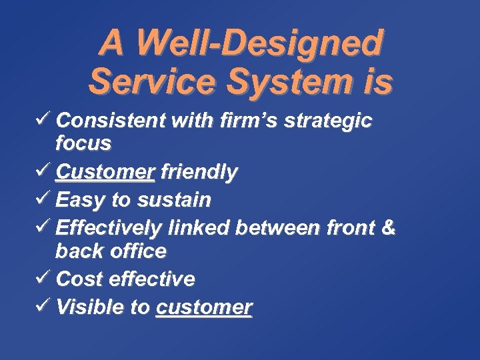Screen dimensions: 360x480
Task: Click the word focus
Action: [83, 143]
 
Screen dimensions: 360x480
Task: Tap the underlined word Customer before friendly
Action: [105, 173]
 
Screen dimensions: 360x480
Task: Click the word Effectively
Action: [108, 228]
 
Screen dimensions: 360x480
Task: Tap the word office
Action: [137, 251]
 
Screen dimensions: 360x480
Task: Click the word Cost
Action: [79, 279]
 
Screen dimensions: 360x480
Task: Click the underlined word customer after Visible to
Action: [204, 307]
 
